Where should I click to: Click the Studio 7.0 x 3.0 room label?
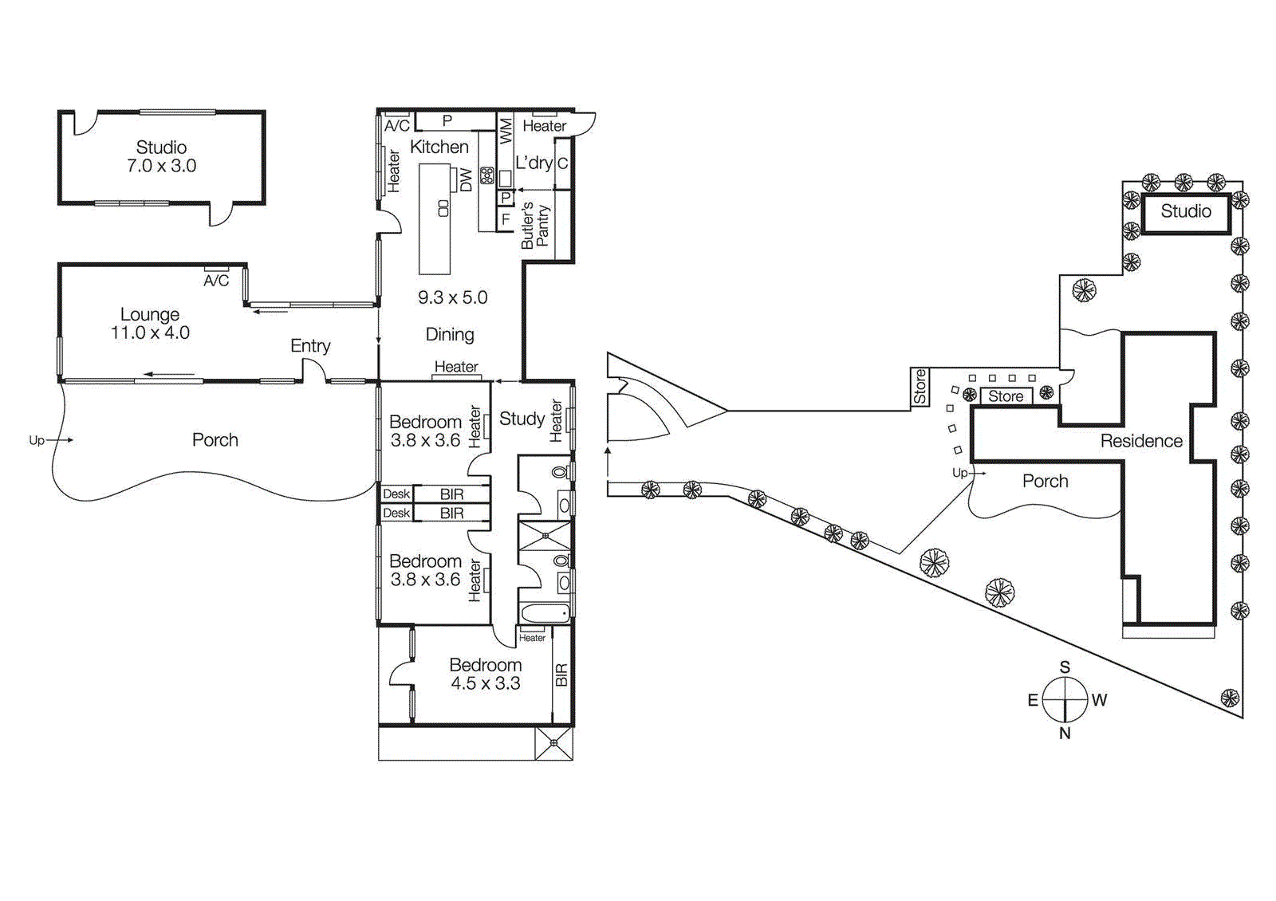pos(161,156)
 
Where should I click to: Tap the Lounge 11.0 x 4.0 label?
pos(150,324)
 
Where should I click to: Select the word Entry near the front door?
pos(310,345)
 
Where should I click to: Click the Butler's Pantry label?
pos(535,226)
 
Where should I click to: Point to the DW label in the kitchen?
pos(467,180)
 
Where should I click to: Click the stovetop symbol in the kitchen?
pos(486,175)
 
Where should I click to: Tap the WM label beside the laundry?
pos(506,131)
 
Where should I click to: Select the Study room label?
pos(522,419)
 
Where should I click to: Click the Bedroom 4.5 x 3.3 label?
pos(485,674)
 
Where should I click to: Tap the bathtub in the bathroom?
pos(545,613)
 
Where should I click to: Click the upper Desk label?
pos(396,494)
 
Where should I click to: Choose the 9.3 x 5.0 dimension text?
pos(452,297)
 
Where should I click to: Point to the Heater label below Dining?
pos(456,367)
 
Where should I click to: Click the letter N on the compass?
pos(1065,733)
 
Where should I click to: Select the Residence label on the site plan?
pos(1141,441)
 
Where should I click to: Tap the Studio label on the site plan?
pos(1185,211)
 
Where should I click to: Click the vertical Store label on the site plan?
pos(920,387)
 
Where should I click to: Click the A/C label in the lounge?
pos(216,281)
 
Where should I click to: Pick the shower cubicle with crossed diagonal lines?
pos(545,535)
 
